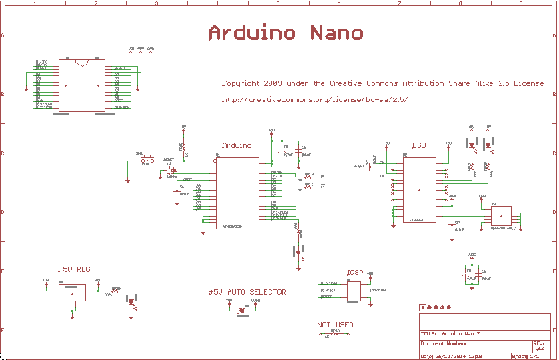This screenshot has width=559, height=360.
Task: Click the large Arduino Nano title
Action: pyautogui.click(x=286, y=33)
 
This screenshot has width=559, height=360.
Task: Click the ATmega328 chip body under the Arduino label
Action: pyautogui.click(x=238, y=193)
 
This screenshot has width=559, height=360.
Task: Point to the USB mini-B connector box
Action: pyautogui.click(x=501, y=216)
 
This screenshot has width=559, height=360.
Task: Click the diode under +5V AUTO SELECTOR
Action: pyautogui.click(x=242, y=309)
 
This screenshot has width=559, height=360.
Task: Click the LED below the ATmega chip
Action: pyautogui.click(x=299, y=254)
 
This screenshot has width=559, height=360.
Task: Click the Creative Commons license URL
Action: pyautogui.click(x=314, y=100)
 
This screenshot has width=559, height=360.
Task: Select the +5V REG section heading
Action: pyautogui.click(x=75, y=269)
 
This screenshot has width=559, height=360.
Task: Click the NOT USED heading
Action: pyautogui.click(x=335, y=325)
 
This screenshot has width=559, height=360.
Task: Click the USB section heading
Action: pyautogui.click(x=418, y=145)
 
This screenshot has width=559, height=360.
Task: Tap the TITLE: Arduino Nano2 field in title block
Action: pyautogui.click(x=450, y=333)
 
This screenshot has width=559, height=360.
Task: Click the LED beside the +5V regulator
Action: pyautogui.click(x=132, y=301)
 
